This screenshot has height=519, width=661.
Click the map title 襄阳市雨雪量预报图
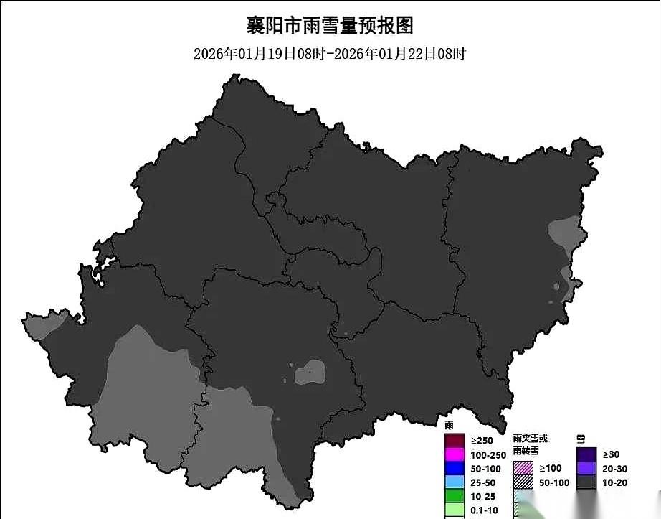coord(330,26)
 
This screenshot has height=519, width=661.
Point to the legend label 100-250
coord(488,454)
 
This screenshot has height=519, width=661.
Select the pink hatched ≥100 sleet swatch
coord(523,468)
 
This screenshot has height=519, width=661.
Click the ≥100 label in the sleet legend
coord(551,468)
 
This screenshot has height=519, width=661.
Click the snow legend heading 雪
coord(581,437)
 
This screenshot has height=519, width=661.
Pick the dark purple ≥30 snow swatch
coord(587,454)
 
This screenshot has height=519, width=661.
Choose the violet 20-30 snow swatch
coord(587,468)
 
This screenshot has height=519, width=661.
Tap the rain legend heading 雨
coord(449,426)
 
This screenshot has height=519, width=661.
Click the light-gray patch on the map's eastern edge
coord(564,232)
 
